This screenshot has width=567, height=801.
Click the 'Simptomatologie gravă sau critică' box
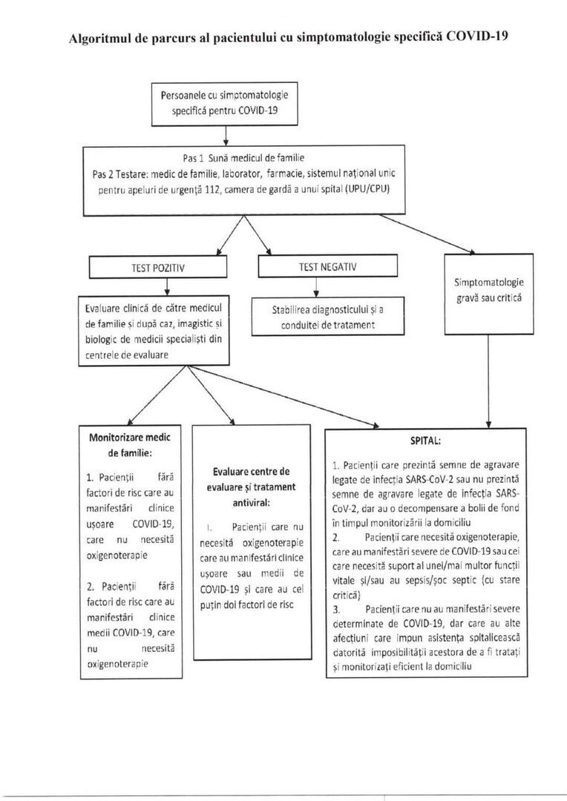(x=488, y=290)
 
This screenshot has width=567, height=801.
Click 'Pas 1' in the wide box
(x=192, y=158)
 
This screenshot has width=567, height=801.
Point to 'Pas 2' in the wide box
(x=105, y=174)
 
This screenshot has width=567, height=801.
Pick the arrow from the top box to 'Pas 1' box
(x=225, y=136)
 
